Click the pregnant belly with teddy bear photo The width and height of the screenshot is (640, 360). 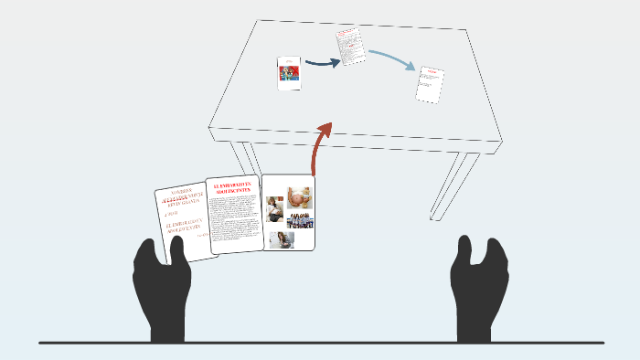coord(299,198)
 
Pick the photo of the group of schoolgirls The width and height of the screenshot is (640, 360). coord(300,220)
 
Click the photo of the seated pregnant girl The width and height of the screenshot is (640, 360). coord(283,239)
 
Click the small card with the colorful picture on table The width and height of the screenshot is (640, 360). coord(289,73)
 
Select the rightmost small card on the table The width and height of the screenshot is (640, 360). coord(430,84)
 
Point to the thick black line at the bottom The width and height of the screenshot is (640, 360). coord(320,343)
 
